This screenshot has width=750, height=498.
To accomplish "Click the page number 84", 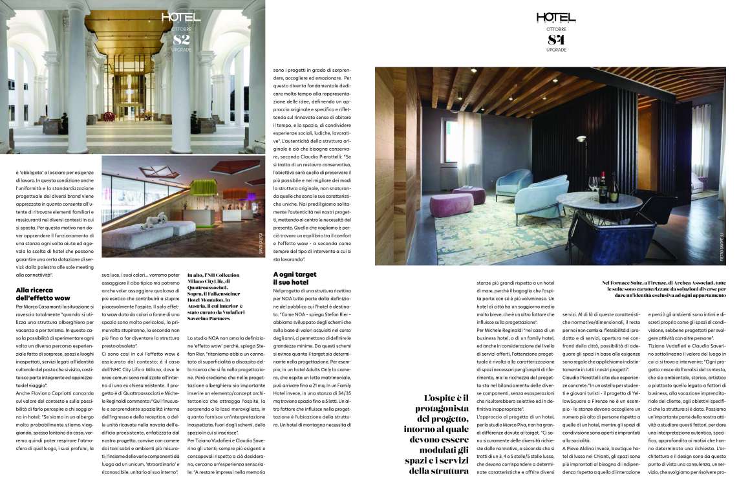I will point(555,39).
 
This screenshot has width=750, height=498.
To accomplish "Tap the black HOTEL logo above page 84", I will point(555,18).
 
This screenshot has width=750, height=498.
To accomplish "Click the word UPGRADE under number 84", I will point(555,50).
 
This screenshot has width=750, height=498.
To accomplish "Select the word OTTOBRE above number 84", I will point(555,30).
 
